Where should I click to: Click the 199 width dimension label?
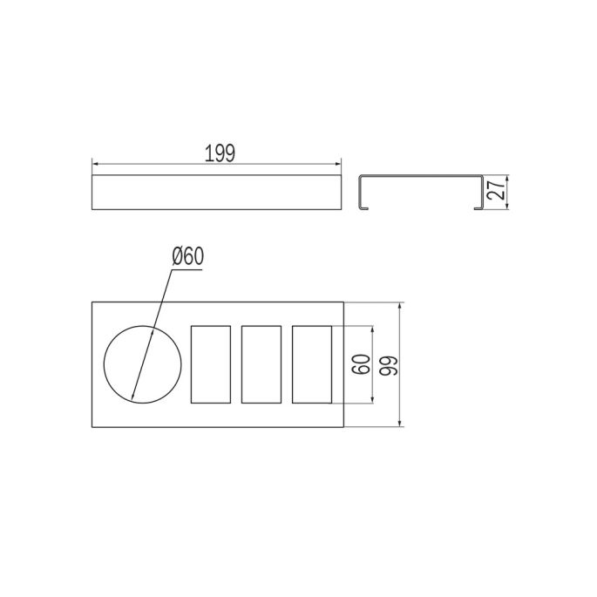[x=220, y=154]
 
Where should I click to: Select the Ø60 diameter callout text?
[x=188, y=256]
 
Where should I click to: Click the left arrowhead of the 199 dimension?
[x=96, y=163]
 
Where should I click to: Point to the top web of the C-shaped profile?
[x=421, y=177]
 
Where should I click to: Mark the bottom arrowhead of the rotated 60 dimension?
[x=375, y=401]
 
